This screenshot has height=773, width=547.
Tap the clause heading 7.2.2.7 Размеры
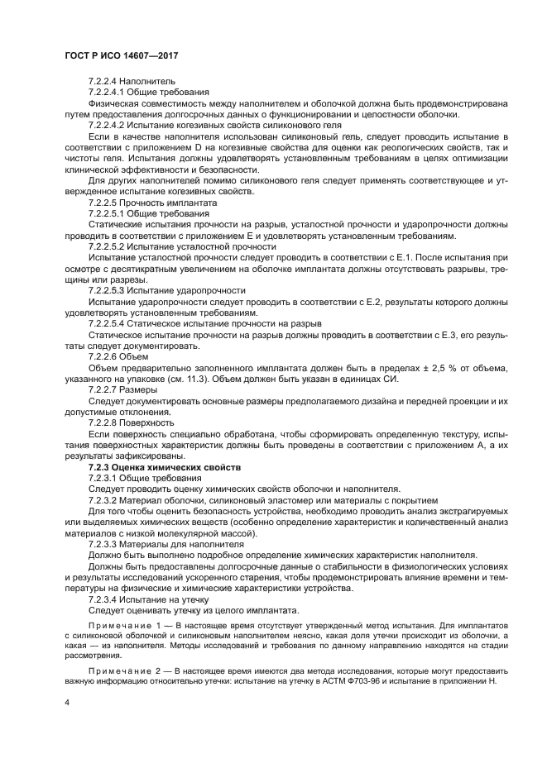(x=122, y=389)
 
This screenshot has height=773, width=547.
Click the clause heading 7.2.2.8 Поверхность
(x=131, y=422)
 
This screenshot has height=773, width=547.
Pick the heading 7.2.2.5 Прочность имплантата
(x=153, y=203)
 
